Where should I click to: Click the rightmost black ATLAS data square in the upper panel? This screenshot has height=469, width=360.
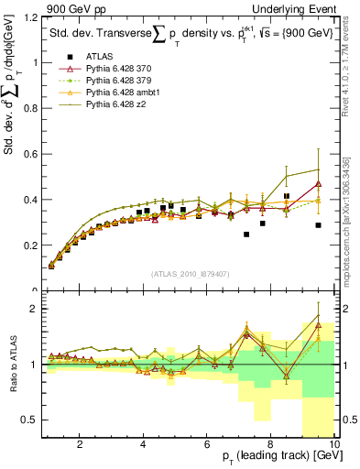click(318, 225)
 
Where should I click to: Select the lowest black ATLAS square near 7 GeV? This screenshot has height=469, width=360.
click(246, 234)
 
